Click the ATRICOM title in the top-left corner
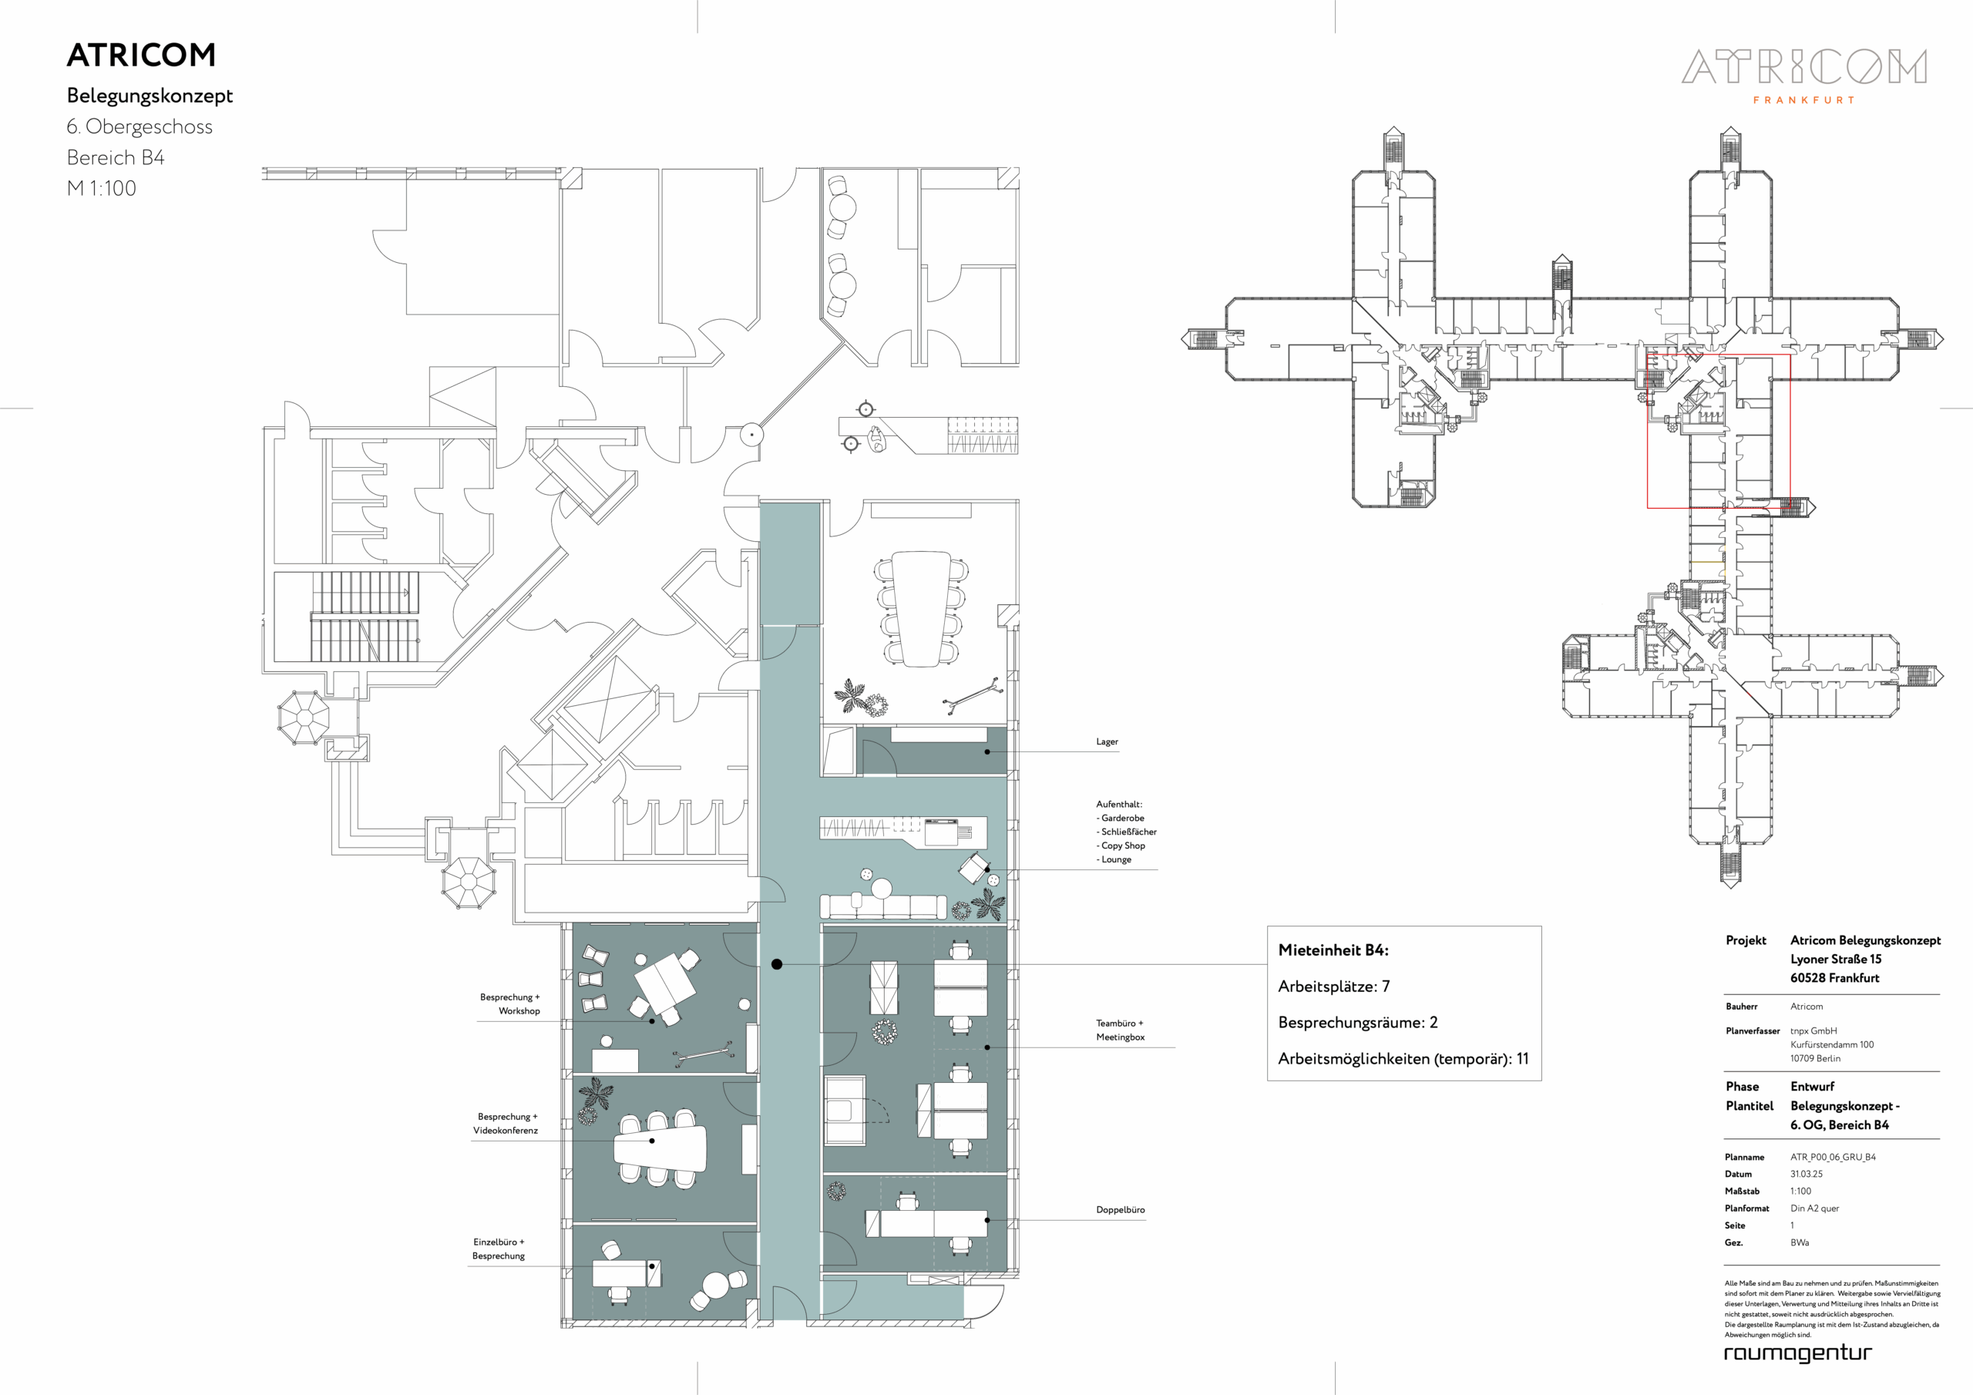(141, 55)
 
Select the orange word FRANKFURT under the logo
(1803, 100)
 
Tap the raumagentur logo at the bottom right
(1798, 1353)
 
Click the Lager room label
(1107, 741)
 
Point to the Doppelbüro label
(1121, 1209)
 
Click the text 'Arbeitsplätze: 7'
(1333, 987)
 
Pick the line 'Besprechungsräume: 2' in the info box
(1358, 1023)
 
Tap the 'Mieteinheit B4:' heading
(1333, 950)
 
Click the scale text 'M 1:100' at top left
(102, 188)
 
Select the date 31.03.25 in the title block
(1807, 1174)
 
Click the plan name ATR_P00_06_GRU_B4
(1833, 1157)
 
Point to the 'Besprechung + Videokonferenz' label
(506, 1124)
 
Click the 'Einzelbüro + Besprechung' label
(499, 1249)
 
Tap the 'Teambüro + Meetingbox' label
(1121, 1030)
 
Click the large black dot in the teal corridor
(777, 964)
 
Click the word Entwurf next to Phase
(1812, 1087)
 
